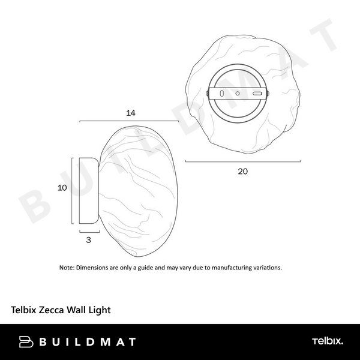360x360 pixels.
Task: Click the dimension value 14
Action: click(x=130, y=112)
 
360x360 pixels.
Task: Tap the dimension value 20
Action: click(x=242, y=171)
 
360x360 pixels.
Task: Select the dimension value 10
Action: click(x=61, y=188)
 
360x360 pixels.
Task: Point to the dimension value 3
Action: click(x=89, y=239)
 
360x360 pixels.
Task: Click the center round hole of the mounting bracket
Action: click(x=238, y=94)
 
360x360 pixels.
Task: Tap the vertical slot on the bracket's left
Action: click(x=221, y=94)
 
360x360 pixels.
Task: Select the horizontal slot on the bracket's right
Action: click(x=257, y=94)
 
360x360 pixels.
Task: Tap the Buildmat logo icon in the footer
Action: click(x=26, y=342)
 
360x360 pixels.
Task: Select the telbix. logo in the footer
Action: click(x=328, y=341)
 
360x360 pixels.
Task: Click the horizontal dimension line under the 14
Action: click(x=130, y=121)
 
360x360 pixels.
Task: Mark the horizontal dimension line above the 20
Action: click(x=242, y=161)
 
